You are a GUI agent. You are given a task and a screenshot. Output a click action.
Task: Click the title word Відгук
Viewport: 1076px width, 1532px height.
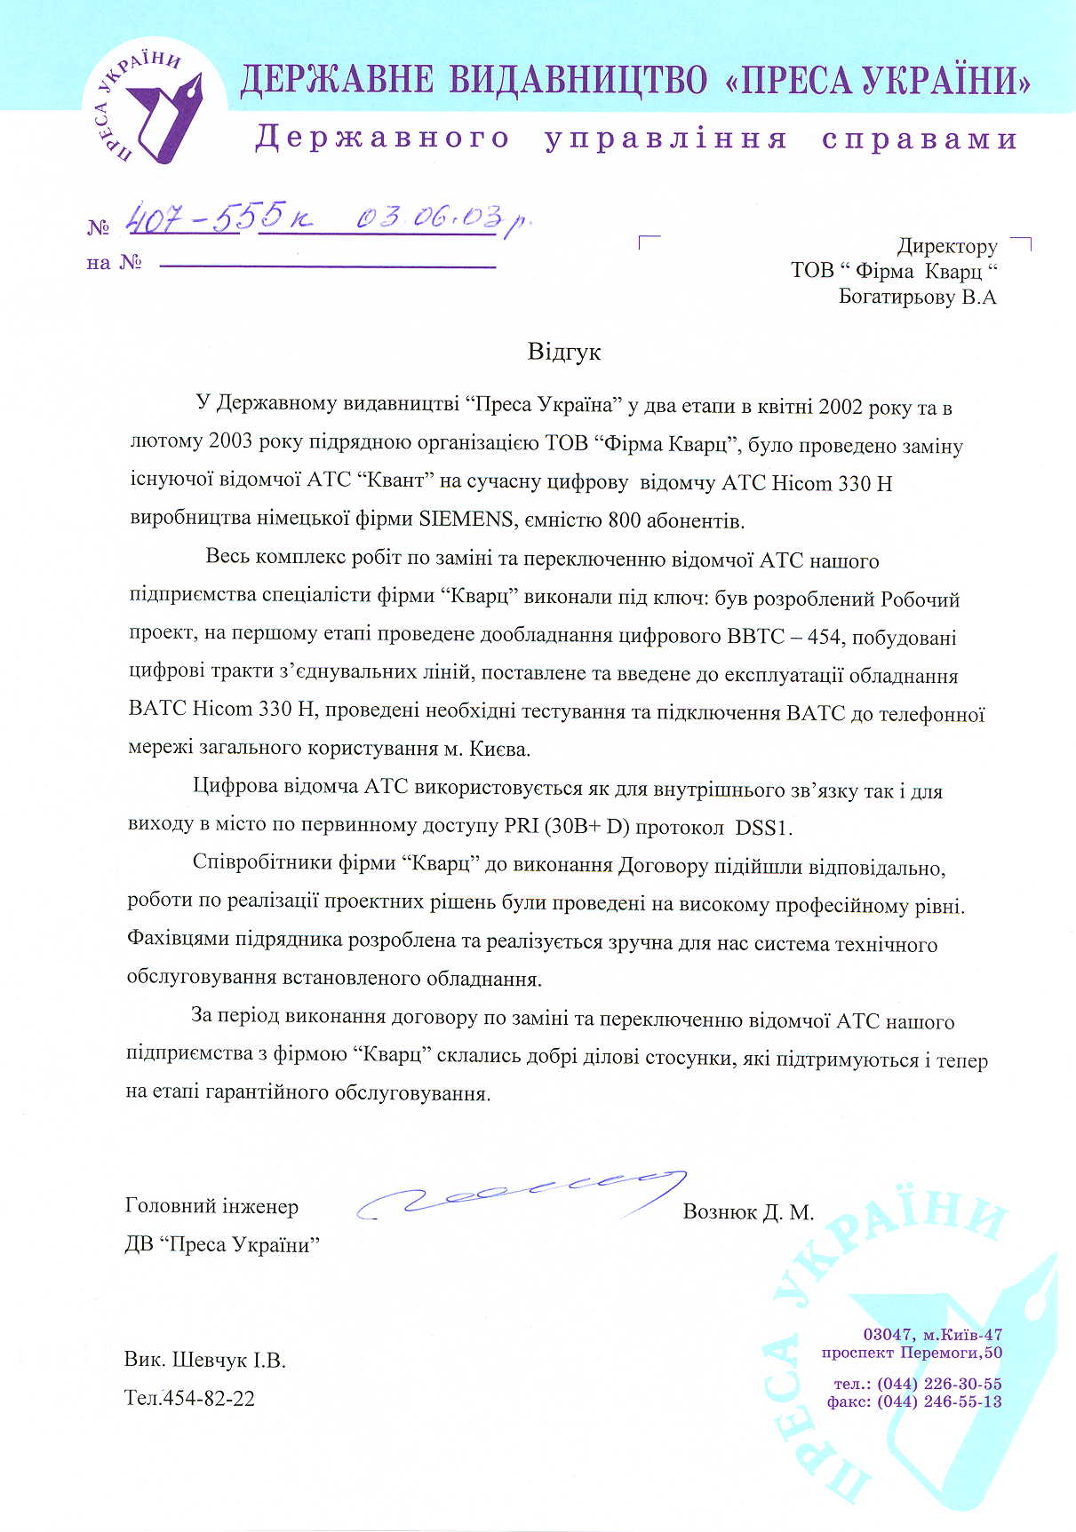tap(564, 352)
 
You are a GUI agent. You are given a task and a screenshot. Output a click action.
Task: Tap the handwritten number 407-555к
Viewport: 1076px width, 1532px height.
tap(218, 218)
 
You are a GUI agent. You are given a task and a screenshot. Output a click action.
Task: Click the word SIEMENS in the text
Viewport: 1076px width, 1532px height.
tap(466, 519)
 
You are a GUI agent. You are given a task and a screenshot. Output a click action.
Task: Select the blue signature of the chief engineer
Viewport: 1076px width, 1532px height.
tap(524, 1195)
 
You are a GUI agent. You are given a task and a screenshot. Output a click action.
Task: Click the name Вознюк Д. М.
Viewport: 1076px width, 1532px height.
tap(748, 1211)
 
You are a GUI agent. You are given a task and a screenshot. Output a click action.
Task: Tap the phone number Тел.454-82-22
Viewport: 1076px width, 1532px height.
tap(189, 1398)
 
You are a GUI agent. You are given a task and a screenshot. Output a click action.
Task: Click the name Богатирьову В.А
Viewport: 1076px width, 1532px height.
tap(917, 297)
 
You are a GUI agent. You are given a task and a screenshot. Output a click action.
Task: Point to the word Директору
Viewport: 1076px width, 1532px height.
tap(946, 246)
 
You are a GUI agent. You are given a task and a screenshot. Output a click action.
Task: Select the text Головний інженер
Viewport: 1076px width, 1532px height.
tap(211, 1206)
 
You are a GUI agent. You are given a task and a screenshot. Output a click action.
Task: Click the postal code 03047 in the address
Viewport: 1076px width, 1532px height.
tap(888, 1334)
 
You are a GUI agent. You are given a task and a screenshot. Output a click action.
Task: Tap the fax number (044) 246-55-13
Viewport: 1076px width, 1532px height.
tap(939, 1401)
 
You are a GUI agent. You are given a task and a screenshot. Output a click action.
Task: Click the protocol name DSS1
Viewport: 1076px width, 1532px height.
tap(761, 828)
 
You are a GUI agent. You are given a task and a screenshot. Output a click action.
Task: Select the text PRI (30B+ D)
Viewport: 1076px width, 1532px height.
tap(567, 826)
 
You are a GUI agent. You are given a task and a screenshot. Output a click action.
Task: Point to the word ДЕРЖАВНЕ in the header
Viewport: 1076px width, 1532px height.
tap(337, 81)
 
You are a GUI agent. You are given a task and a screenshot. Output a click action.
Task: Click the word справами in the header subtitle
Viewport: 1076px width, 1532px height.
tap(920, 139)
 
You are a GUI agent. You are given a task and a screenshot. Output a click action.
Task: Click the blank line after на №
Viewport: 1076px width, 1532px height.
tap(326, 265)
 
